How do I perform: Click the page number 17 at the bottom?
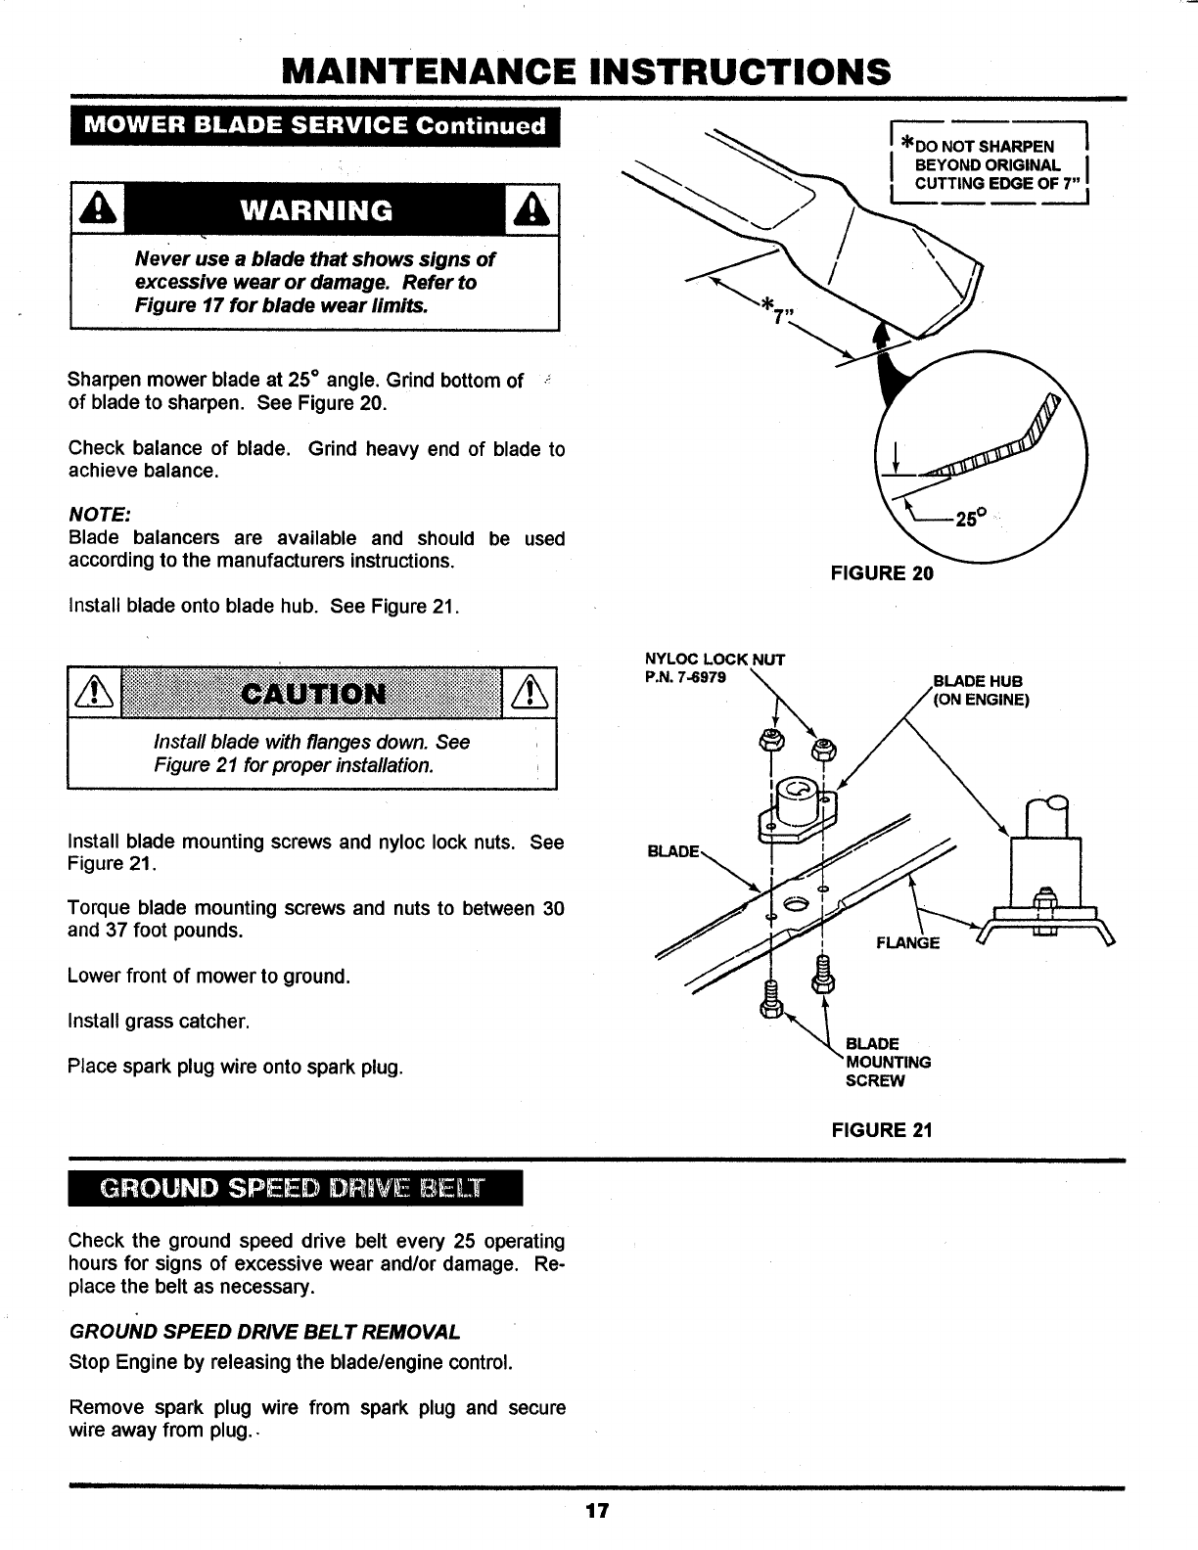598,1511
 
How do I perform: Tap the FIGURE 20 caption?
882,573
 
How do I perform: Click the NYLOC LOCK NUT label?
714,659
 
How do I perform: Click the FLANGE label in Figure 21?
907,942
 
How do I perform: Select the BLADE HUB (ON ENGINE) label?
980,690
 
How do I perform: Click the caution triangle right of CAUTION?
530,694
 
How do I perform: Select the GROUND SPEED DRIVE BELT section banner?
296,1190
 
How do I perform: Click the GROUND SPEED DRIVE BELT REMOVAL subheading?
264,1333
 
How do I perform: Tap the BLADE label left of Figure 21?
673,850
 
